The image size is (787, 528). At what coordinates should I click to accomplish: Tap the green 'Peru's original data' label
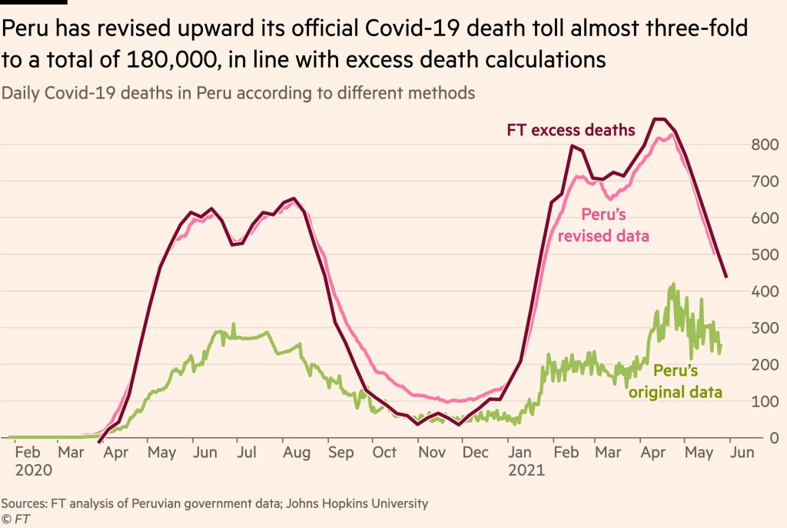coord(676,382)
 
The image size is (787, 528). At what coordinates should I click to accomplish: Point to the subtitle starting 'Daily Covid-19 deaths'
coord(238,93)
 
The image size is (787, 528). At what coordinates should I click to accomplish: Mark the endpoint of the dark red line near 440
coord(726,277)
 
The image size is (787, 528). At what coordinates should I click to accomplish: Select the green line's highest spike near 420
coord(674,284)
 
